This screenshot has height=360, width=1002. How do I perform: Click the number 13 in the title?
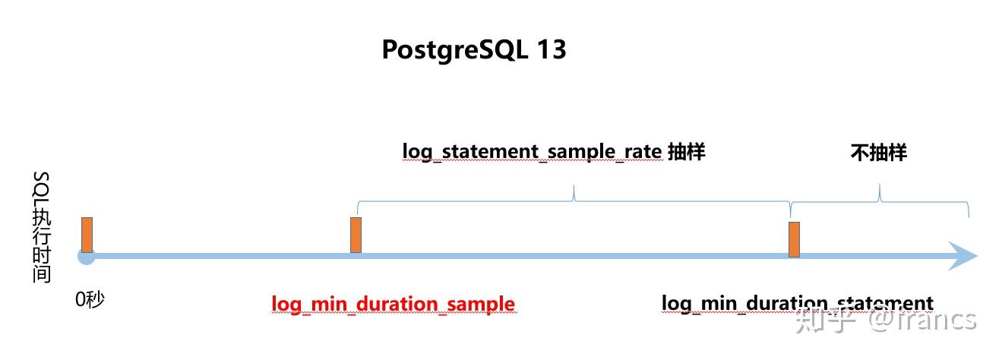pyautogui.click(x=552, y=50)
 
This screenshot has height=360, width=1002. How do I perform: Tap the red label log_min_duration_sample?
pyautogui.click(x=393, y=305)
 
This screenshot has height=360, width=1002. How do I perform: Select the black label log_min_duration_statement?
pyautogui.click(x=797, y=304)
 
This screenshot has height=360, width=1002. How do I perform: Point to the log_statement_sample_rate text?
pyautogui.click(x=532, y=152)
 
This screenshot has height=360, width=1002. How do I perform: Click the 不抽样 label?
pyautogui.click(x=878, y=153)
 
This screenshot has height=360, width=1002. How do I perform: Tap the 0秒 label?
pyautogui.click(x=89, y=299)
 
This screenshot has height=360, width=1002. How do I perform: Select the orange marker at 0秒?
pyautogui.click(x=87, y=235)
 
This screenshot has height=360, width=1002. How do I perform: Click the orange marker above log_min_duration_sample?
pyautogui.click(x=356, y=235)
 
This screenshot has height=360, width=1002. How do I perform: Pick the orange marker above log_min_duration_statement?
pyautogui.click(x=794, y=239)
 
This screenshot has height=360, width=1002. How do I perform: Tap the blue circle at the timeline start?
pyautogui.click(x=87, y=257)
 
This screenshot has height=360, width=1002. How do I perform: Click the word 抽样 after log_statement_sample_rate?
pyautogui.click(x=687, y=152)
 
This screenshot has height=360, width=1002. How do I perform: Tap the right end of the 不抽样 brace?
pyautogui.click(x=969, y=216)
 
